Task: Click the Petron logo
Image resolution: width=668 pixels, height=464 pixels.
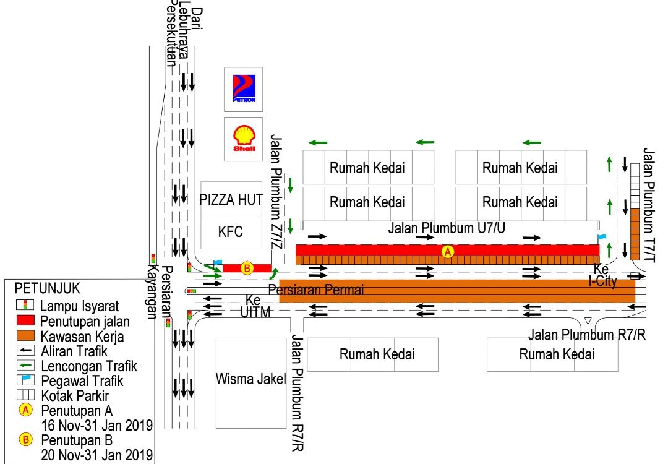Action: pyautogui.click(x=244, y=88)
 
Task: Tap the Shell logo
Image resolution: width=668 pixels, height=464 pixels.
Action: pyautogui.click(x=244, y=139)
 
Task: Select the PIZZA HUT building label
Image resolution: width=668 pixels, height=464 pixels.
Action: pyautogui.click(x=231, y=199)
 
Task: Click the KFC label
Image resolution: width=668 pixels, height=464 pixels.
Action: pyautogui.click(x=231, y=232)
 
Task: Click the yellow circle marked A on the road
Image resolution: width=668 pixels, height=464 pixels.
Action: pyautogui.click(x=448, y=251)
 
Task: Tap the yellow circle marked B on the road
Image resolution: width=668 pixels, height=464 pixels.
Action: pyautogui.click(x=247, y=268)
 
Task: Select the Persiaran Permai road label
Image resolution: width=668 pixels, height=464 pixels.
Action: pyautogui.click(x=316, y=290)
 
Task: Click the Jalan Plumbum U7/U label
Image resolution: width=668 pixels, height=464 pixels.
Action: pyautogui.click(x=447, y=228)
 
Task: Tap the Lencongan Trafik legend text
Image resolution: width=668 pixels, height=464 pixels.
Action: pyautogui.click(x=89, y=366)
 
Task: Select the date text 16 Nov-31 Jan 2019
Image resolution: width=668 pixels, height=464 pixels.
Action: pyautogui.click(x=97, y=424)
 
